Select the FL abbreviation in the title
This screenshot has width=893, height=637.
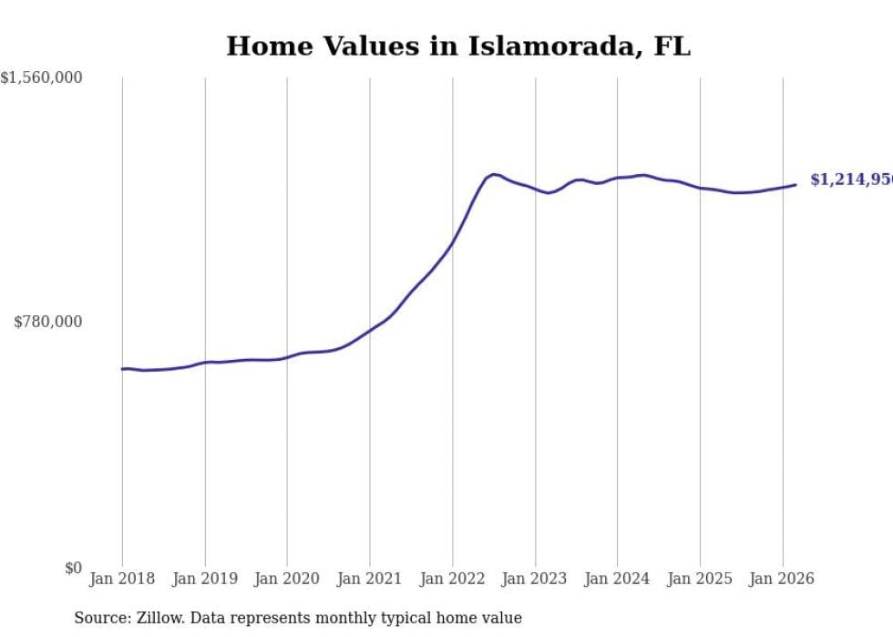[672, 46]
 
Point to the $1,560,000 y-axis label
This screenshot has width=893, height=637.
[41, 78]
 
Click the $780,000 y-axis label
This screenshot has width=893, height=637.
[48, 322]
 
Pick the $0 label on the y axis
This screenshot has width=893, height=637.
[73, 569]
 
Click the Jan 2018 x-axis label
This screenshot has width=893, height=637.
[122, 579]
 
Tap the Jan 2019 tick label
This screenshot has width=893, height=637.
[205, 579]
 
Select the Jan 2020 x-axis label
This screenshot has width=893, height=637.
[287, 579]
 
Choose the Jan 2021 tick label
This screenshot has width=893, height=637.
[370, 579]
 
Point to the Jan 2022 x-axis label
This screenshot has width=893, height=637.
[452, 579]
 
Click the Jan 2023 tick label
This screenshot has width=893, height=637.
[535, 579]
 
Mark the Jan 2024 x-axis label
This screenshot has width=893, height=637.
[617, 579]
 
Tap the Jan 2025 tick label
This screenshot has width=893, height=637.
[700, 579]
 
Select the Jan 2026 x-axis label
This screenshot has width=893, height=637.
[782, 579]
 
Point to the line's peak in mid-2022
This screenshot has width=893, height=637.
[493, 174]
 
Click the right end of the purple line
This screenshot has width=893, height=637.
[795, 185]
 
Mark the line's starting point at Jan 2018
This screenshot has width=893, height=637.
[122, 369]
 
